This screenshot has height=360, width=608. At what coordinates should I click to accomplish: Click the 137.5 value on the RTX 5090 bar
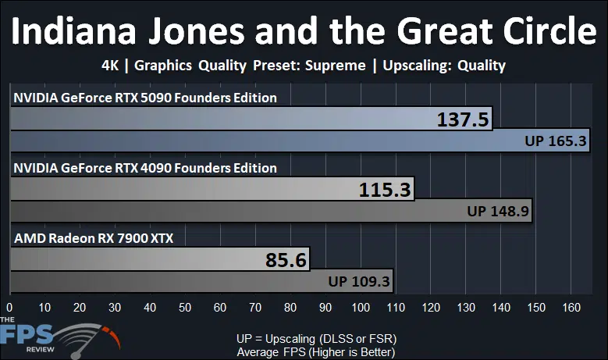point(463,119)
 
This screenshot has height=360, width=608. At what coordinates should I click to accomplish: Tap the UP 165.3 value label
point(555,141)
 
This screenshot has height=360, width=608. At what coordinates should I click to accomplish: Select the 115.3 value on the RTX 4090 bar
point(385,190)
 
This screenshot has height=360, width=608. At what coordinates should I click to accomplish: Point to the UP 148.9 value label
point(498,211)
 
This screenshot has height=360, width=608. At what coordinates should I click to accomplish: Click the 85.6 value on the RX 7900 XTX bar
point(286,260)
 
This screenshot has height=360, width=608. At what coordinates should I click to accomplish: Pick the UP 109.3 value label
point(359,281)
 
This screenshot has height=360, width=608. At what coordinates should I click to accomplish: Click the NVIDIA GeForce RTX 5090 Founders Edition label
point(145,98)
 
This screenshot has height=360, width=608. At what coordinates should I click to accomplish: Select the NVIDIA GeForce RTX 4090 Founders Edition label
point(145,168)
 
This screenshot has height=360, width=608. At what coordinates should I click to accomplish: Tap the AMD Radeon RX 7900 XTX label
point(94,238)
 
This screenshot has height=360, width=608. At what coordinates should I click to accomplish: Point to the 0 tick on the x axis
point(9,308)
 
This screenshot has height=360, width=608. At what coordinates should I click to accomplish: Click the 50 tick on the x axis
point(185,308)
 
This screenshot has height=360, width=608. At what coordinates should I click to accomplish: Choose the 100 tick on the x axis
point(361,308)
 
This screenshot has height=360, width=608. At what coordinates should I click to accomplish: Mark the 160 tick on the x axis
point(571,308)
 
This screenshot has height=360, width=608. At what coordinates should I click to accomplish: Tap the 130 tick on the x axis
point(466,308)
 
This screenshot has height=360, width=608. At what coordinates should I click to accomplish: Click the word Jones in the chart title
point(196,31)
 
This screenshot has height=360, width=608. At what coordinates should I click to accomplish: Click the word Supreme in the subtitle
point(335,65)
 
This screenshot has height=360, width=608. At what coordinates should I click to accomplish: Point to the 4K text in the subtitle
point(110,65)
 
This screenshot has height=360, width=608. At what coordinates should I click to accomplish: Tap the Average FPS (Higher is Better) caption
point(316,352)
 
